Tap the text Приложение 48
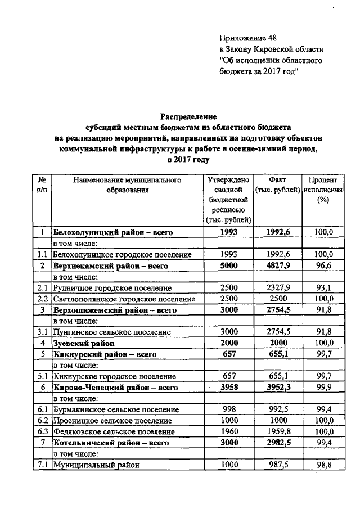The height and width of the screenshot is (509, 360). (x=248, y=38)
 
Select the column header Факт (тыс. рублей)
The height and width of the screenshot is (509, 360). (x=277, y=185)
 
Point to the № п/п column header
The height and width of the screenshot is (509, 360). (x=42, y=185)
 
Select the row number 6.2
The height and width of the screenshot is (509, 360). (x=42, y=420)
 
